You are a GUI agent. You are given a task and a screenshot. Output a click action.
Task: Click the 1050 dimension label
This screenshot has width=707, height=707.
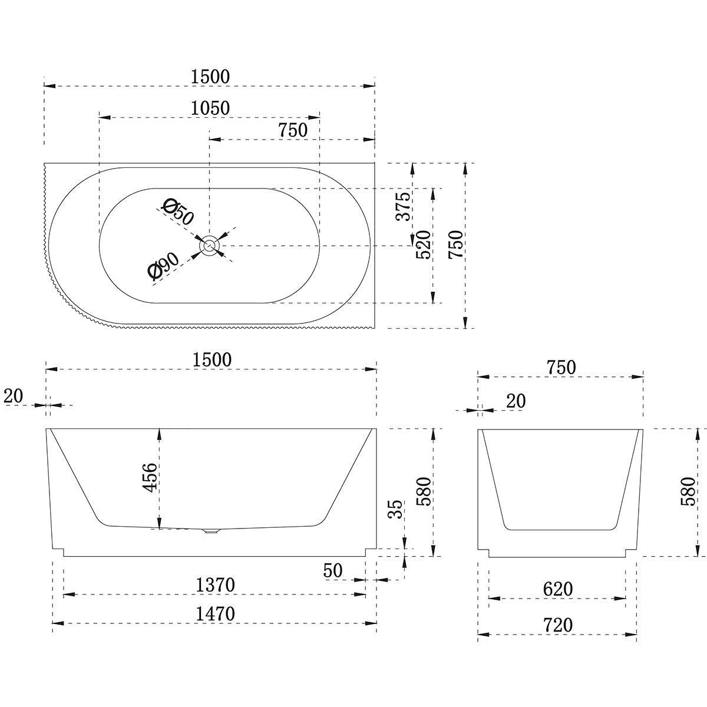[x=210, y=108]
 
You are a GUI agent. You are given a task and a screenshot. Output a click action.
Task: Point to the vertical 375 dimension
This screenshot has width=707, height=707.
[x=404, y=206]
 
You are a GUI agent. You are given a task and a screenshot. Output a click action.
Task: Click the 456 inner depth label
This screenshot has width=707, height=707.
[x=150, y=478]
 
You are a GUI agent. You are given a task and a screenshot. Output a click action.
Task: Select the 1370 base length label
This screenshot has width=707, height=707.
[x=215, y=585]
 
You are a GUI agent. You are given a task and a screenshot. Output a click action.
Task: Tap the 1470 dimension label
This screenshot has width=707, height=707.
[x=215, y=614]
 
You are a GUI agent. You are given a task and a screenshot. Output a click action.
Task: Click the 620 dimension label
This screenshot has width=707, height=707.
[x=557, y=589]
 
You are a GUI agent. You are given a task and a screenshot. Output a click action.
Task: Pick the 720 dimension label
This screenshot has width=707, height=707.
[x=557, y=625]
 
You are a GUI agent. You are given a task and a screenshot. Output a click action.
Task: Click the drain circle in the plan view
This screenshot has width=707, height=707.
[x=209, y=246]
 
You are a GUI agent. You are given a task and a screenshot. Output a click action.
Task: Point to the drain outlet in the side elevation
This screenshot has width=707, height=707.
[x=210, y=531]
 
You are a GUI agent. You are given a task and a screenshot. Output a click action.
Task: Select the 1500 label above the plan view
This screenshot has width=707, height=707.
[x=210, y=77]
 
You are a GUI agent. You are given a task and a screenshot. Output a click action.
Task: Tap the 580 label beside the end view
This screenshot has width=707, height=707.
[x=687, y=491]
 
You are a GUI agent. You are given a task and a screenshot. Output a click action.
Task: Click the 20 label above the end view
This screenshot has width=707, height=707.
[x=516, y=401]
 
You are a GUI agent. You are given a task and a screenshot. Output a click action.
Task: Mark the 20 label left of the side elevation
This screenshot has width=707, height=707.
[x=13, y=397]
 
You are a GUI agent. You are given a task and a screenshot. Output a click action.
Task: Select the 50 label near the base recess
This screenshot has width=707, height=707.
[x=333, y=570]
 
